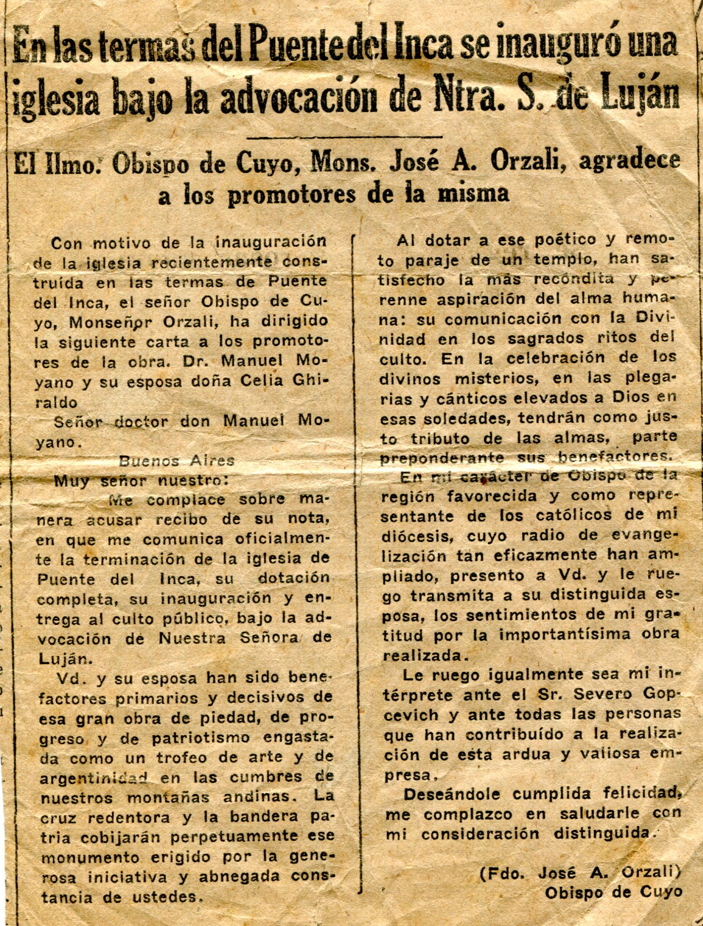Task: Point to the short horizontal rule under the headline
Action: [x=344, y=137]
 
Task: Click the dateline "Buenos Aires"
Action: [x=176, y=461]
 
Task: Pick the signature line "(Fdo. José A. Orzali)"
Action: [x=580, y=872]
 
